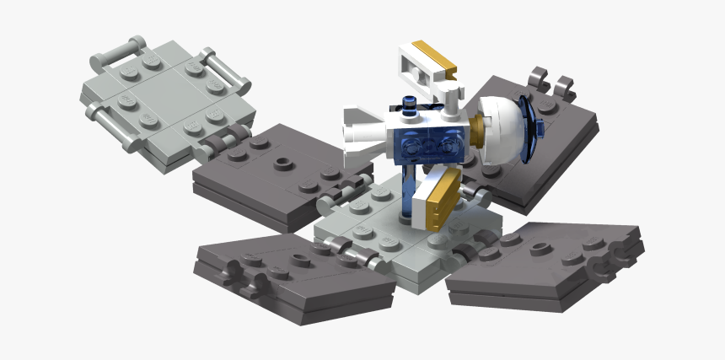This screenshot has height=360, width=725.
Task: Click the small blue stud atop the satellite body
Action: coord(411,105)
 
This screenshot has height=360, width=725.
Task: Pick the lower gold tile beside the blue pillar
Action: coord(441,200)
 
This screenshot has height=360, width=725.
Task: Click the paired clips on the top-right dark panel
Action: coord(553,83)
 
